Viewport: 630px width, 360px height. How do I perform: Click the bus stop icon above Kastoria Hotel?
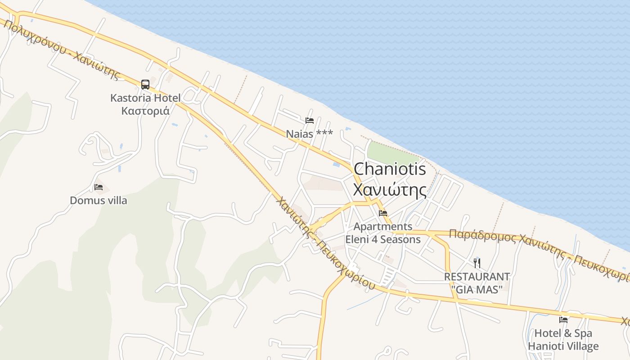[x=145, y=84]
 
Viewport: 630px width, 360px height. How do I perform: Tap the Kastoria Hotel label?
[x=145, y=98]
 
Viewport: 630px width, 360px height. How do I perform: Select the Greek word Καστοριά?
[x=145, y=110]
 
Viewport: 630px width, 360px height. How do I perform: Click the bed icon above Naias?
[x=309, y=120]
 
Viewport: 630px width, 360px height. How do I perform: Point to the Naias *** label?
[x=309, y=134]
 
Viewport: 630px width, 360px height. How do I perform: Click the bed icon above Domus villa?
[x=99, y=187]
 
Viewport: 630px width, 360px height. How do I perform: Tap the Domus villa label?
[x=99, y=200]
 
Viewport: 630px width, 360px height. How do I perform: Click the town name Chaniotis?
[x=390, y=169]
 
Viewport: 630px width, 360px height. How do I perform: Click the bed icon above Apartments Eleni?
[x=383, y=213]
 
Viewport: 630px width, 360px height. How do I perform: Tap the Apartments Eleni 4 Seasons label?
[x=383, y=233]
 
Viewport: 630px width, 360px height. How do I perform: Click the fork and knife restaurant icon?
[x=477, y=263]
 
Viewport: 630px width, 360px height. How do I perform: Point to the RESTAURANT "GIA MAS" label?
[x=477, y=283]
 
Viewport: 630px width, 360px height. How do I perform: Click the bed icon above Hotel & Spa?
[x=563, y=320]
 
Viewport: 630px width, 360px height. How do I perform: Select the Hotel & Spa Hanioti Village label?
[x=563, y=340]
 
